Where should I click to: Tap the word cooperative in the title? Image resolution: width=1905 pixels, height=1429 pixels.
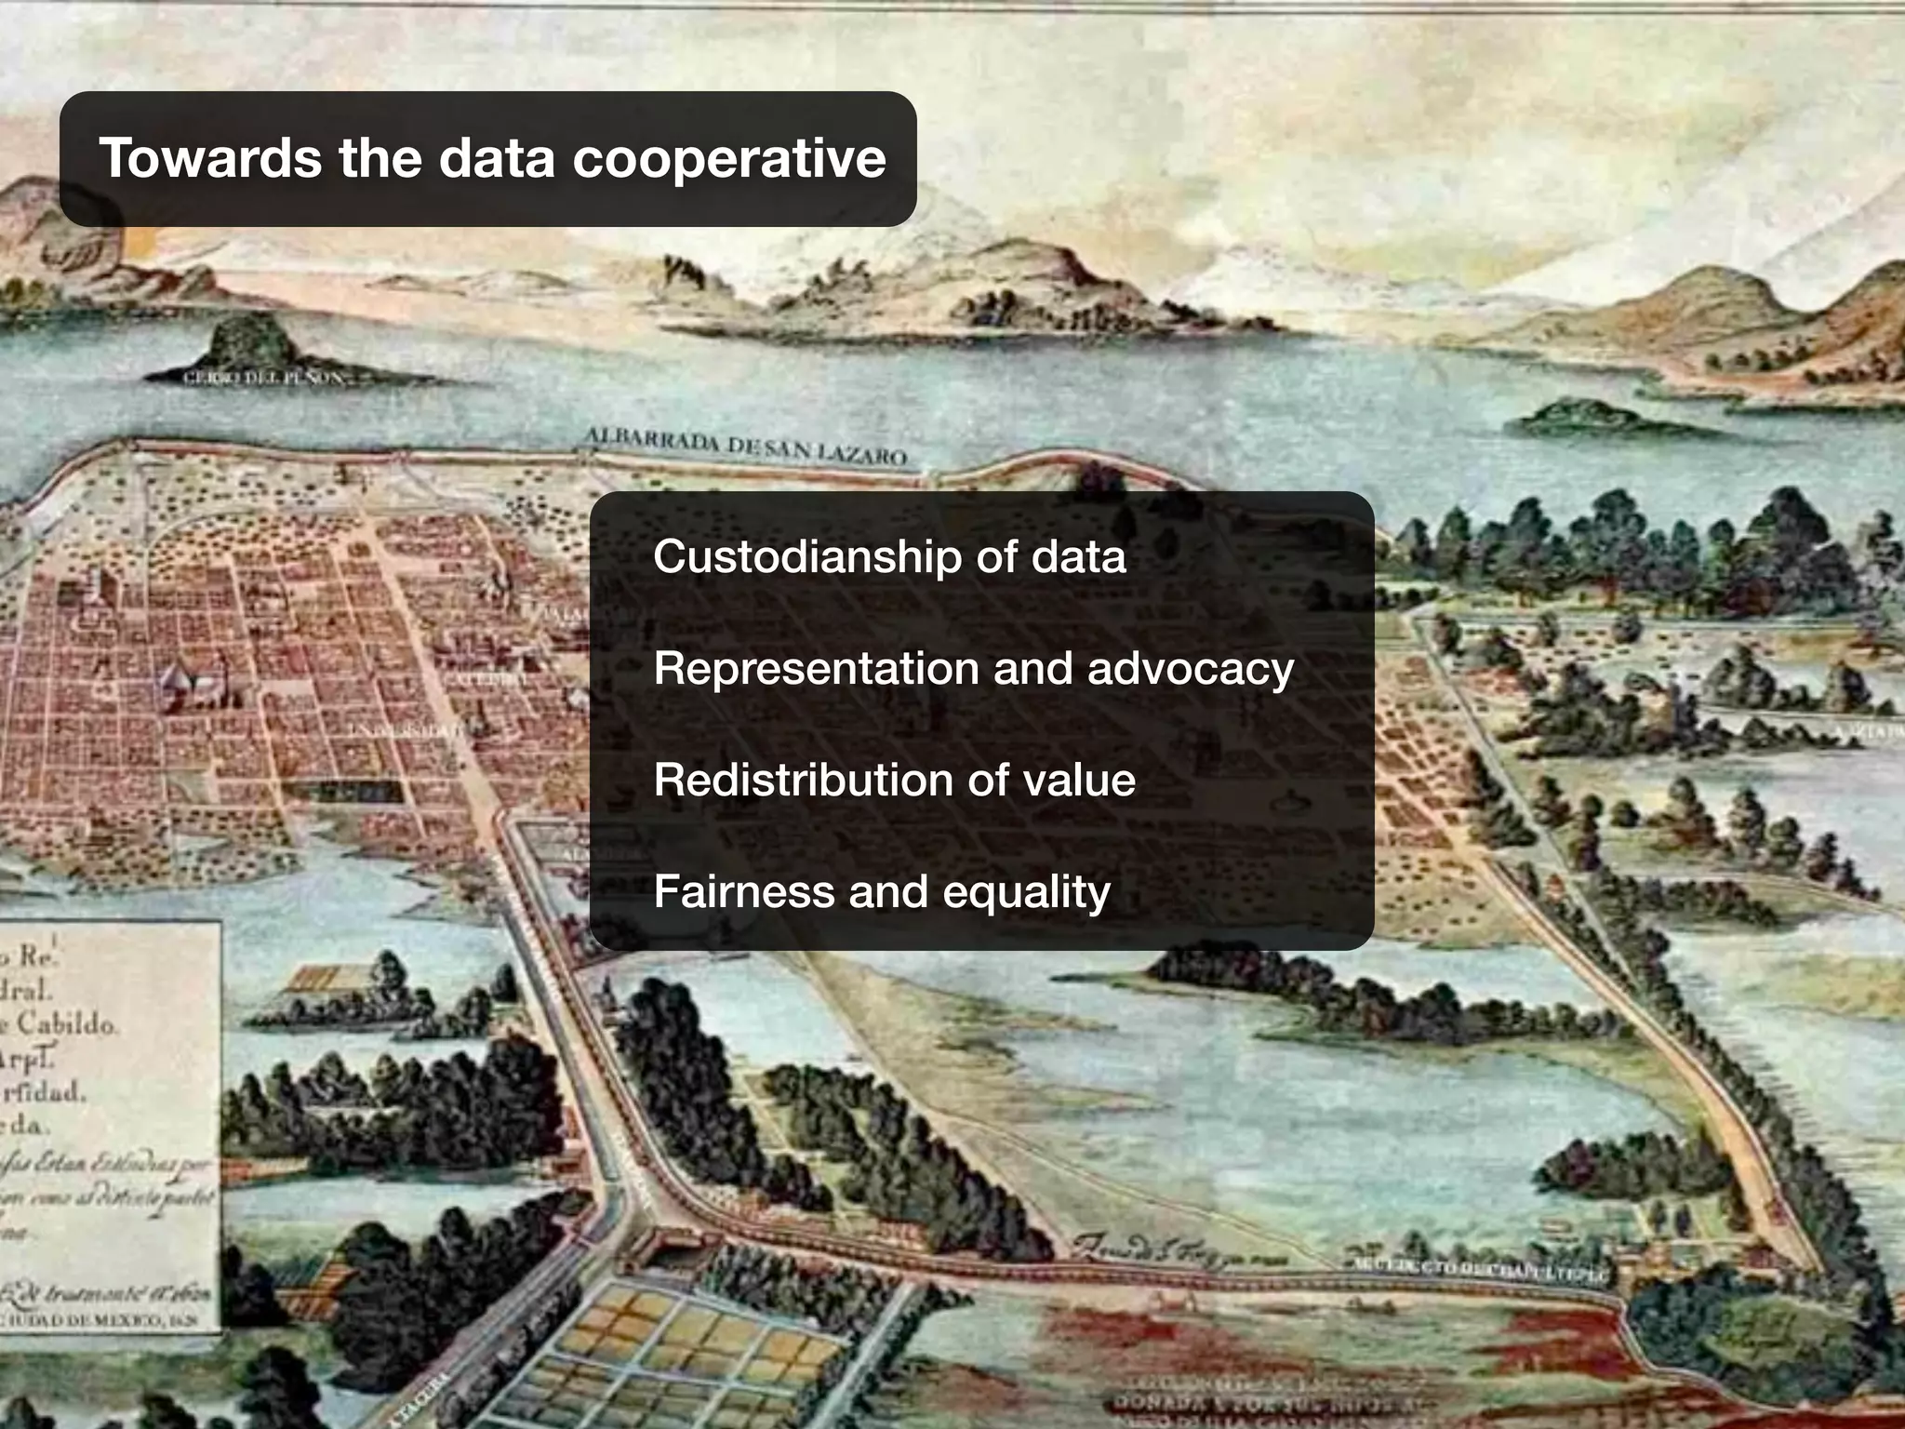728,159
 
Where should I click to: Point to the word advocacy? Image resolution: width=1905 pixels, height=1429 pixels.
1190,669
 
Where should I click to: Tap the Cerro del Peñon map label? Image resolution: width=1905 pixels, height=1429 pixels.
265,379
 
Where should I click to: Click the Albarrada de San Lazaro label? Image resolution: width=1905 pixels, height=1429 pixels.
745,447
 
